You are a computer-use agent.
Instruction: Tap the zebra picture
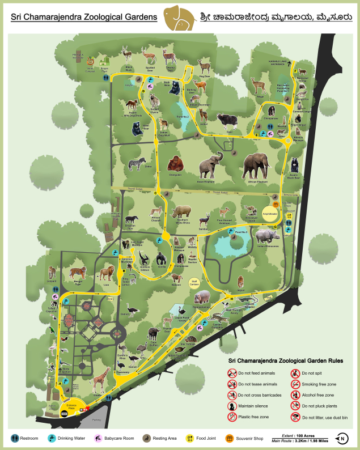coord(134,164)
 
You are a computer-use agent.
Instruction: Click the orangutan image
coord(175,165)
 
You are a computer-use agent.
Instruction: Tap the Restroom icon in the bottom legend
coord(15,438)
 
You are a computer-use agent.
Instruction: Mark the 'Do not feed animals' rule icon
coord(232,373)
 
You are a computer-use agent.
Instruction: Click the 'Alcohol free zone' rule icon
coord(296,395)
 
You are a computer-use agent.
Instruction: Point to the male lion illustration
coord(106,274)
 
